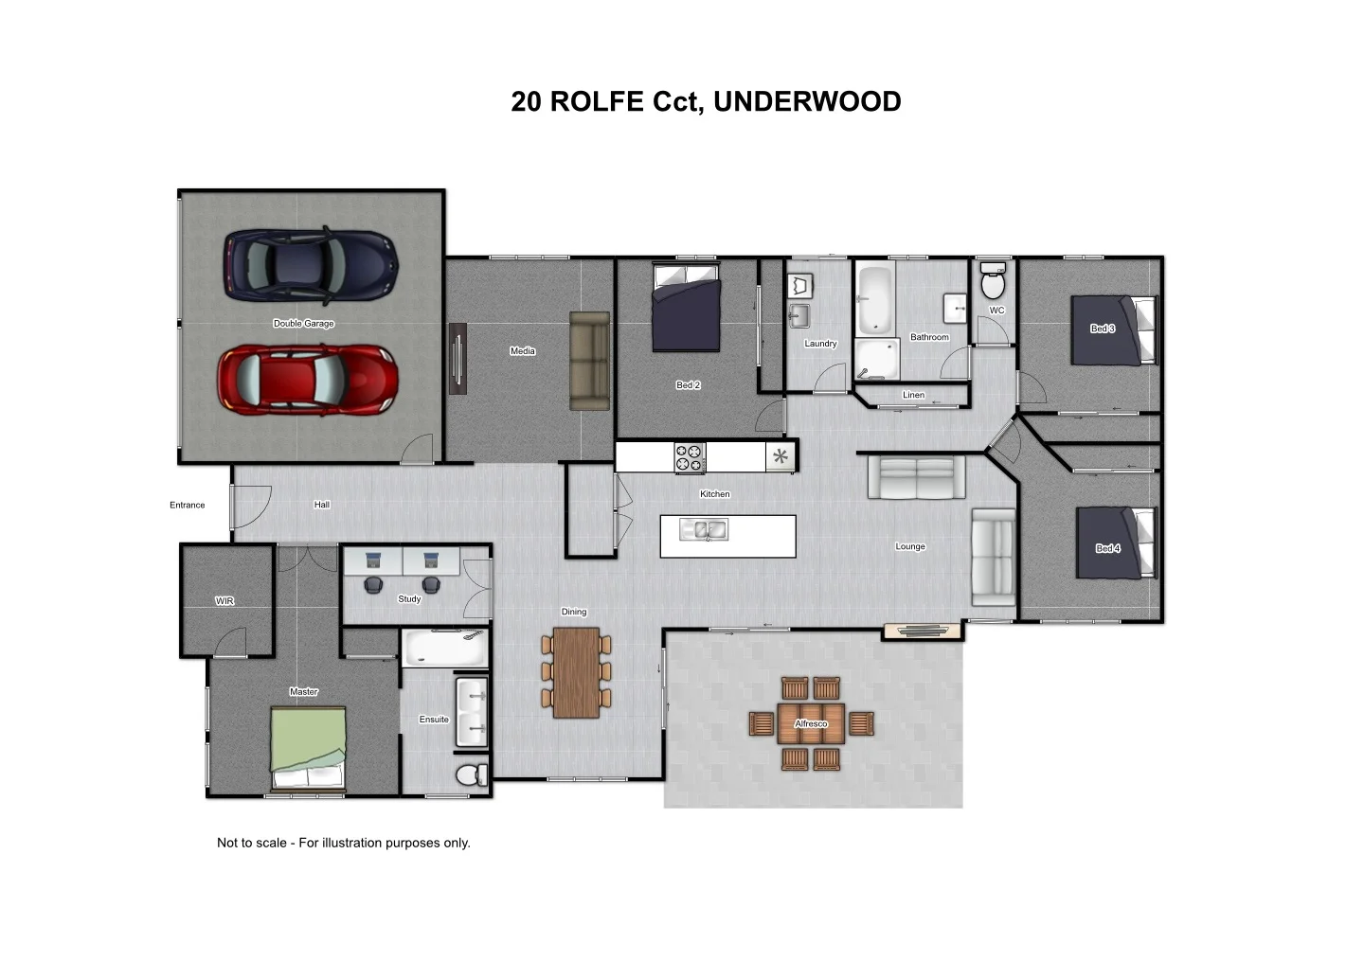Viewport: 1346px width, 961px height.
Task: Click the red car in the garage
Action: coord(308,380)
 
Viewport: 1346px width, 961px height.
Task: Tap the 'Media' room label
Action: coord(523,351)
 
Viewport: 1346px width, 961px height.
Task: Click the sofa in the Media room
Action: coord(589,361)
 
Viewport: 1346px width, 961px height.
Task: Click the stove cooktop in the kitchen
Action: coord(690,458)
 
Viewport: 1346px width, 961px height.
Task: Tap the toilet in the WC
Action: coord(993,282)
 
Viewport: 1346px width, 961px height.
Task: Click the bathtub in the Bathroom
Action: coord(876,299)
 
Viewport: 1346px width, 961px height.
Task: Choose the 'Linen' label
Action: coord(913,395)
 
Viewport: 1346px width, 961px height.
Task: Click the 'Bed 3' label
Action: coord(1103,329)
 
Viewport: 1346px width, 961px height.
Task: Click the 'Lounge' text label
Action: coord(910,546)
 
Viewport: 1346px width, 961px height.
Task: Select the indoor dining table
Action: coord(576,672)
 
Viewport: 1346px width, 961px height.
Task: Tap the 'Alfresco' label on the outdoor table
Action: coord(811,723)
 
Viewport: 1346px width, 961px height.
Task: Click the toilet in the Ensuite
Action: coord(470,775)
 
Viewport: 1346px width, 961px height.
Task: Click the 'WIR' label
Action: coord(224,601)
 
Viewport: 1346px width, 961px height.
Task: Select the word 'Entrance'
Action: coord(188,505)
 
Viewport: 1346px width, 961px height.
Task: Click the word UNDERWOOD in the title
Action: coord(807,101)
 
